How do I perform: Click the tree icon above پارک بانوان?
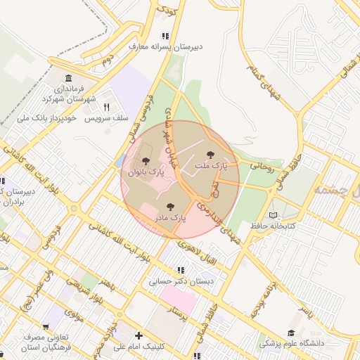[x=146, y=162]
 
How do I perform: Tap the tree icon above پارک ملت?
[x=210, y=155]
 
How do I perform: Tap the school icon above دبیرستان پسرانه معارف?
[x=165, y=36]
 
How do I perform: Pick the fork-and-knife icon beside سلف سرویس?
[x=107, y=107]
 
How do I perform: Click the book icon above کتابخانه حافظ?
[x=274, y=215]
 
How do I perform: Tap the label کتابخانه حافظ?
[x=273, y=226]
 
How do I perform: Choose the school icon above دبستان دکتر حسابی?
[x=181, y=270]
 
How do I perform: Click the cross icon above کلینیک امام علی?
[x=139, y=336]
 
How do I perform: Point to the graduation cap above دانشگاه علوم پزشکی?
[x=290, y=333]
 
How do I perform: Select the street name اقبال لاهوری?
[x=209, y=255]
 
